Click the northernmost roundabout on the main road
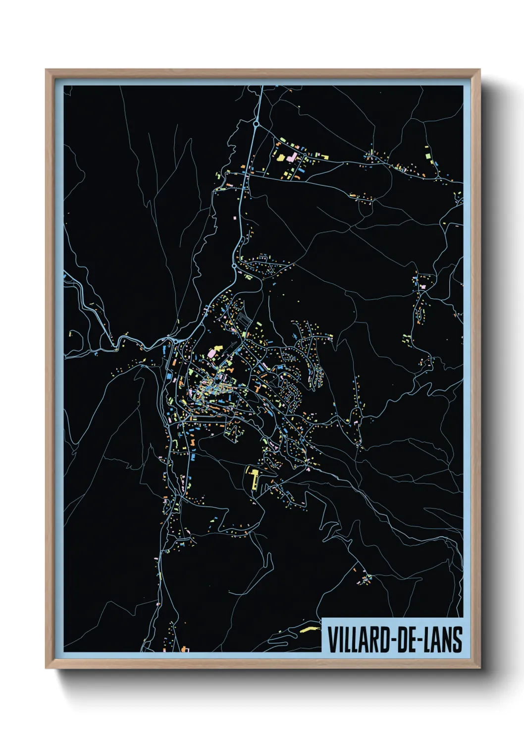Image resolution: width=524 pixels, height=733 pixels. click(257, 124)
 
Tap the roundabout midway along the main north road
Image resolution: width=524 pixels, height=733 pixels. click(234, 266)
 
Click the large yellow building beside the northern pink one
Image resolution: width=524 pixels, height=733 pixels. click(280, 158)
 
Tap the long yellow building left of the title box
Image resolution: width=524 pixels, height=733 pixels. click(308, 629)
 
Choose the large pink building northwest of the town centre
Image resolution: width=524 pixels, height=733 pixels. click(214, 353)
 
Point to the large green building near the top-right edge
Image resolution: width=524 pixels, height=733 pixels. click(427, 155)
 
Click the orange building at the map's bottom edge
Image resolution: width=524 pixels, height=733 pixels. click(186, 648)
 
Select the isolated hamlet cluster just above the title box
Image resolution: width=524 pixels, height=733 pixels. click(366, 578)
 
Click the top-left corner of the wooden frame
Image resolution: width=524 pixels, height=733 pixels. click(46, 70)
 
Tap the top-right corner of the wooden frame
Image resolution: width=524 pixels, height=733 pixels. click(479, 70)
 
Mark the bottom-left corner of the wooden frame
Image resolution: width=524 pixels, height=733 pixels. click(46, 668)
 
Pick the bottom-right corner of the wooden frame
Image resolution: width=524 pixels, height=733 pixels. click(479, 668)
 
